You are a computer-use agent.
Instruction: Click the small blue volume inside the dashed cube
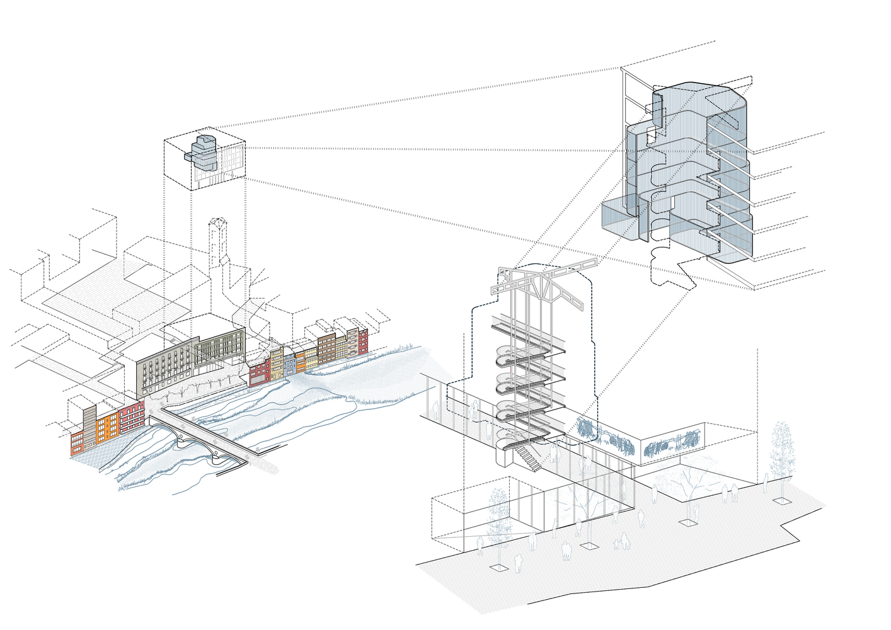203,150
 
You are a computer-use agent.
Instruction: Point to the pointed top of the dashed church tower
218,221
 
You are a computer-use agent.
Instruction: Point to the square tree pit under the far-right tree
781,500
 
